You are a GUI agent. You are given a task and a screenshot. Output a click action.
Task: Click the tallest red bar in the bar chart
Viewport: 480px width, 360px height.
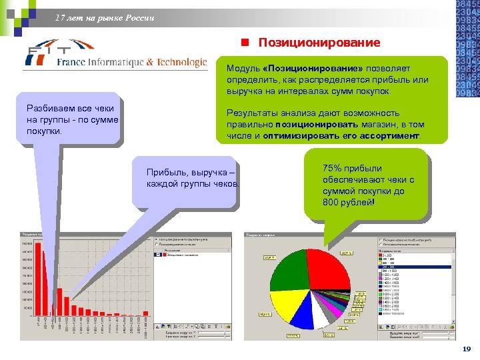point(39,280)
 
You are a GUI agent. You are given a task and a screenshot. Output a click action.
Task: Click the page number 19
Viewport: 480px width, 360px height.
point(466,349)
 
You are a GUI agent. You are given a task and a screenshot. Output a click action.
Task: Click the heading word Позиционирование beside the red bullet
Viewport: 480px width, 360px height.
point(319,43)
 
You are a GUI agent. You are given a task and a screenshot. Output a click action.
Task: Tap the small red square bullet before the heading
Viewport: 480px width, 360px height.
point(245,43)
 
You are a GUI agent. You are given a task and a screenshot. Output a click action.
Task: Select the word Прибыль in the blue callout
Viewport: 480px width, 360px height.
point(166,173)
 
